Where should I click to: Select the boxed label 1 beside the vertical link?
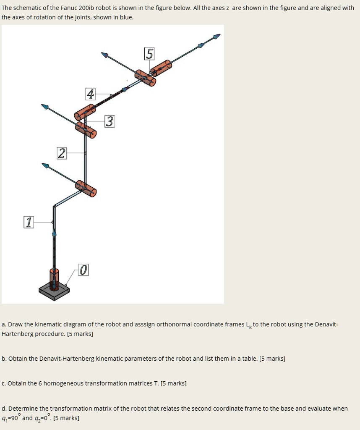[x=28, y=222]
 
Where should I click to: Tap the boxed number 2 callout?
[x=62, y=154]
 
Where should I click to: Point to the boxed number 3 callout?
[x=109, y=121]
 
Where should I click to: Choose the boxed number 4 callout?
[x=90, y=94]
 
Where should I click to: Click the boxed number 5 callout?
[x=149, y=54]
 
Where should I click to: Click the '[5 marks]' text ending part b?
[x=272, y=359]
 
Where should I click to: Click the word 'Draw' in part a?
[x=15, y=324]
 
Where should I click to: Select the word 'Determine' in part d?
[x=23, y=408]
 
